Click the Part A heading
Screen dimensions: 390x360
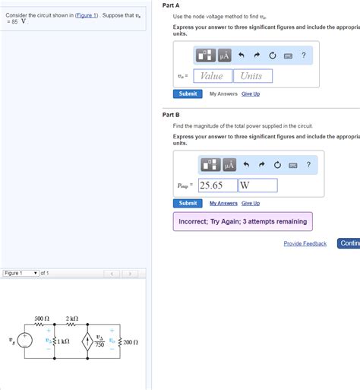(x=171, y=5)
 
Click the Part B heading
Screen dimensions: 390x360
(x=171, y=114)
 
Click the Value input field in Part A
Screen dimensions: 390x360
(x=212, y=76)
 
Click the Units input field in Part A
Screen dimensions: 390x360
(x=251, y=76)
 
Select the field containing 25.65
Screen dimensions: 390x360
(x=217, y=185)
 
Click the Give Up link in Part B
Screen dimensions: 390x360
(x=251, y=203)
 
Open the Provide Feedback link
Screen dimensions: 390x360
(x=305, y=243)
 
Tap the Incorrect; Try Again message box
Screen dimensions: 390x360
(x=242, y=221)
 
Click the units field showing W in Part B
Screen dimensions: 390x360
(x=257, y=185)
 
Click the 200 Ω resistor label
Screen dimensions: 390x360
(x=130, y=343)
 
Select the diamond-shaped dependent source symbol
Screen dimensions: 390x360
(x=88, y=342)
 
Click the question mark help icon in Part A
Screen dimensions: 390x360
(x=303, y=55)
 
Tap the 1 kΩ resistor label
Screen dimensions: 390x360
(x=63, y=342)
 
